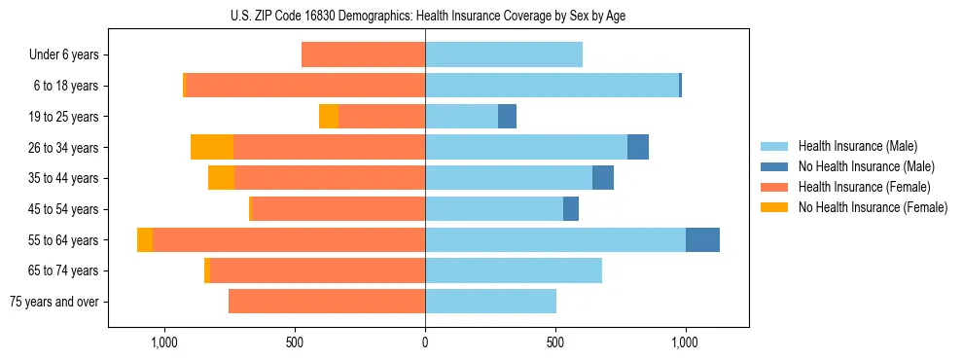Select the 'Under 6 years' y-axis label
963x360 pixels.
[x=63, y=54]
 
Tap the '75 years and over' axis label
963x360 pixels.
[x=53, y=302]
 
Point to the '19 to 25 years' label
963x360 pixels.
[x=63, y=117]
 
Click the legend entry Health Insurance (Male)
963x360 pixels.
[x=857, y=146]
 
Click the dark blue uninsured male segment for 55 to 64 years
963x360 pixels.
[x=702, y=239]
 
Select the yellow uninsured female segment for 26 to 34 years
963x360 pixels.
[x=212, y=147]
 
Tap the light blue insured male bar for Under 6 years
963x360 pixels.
[x=504, y=54]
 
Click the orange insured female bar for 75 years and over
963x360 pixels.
[x=327, y=302]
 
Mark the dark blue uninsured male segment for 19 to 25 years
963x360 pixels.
[x=507, y=117]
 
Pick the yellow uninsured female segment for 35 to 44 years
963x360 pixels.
[x=221, y=178]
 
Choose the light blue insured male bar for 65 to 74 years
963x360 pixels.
[x=514, y=270]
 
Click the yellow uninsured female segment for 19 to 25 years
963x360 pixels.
[x=329, y=117]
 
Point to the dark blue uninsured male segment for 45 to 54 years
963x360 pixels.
[x=571, y=209]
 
